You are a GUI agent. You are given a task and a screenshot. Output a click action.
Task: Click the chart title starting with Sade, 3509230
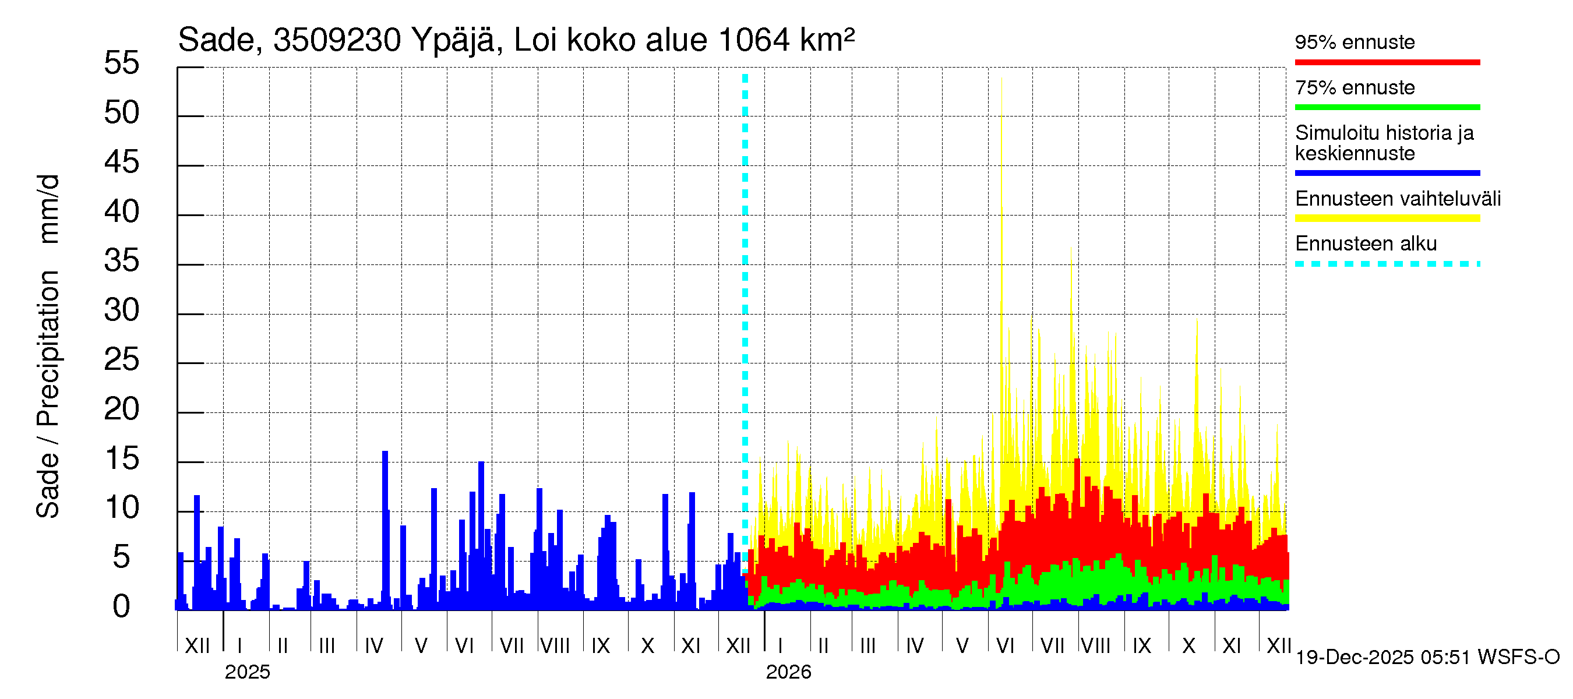516,40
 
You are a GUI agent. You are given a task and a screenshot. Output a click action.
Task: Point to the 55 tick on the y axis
122,63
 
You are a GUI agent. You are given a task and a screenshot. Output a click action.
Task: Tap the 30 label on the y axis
122,310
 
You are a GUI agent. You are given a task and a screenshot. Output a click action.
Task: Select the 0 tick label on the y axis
122,606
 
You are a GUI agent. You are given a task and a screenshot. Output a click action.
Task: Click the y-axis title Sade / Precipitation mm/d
48,346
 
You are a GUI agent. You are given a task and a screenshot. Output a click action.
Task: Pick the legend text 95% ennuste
1355,42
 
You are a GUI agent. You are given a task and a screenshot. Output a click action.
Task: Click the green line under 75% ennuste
1387,107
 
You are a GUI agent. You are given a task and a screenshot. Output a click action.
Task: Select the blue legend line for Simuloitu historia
1387,174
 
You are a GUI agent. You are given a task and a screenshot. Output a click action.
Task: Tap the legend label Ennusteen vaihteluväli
1398,199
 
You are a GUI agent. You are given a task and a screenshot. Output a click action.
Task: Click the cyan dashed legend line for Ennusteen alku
1387,264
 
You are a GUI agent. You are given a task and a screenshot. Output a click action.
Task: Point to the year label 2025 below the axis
247,672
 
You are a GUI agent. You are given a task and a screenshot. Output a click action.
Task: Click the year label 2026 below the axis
788,672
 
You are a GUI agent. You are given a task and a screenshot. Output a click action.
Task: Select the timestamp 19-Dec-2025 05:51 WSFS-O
1427,658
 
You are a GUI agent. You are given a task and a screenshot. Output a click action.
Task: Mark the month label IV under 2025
373,646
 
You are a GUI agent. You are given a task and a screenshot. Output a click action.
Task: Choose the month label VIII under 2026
1095,646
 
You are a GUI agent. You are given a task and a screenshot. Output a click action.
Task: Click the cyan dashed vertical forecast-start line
745,305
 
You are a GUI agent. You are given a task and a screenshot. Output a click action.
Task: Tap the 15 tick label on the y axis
122,458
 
